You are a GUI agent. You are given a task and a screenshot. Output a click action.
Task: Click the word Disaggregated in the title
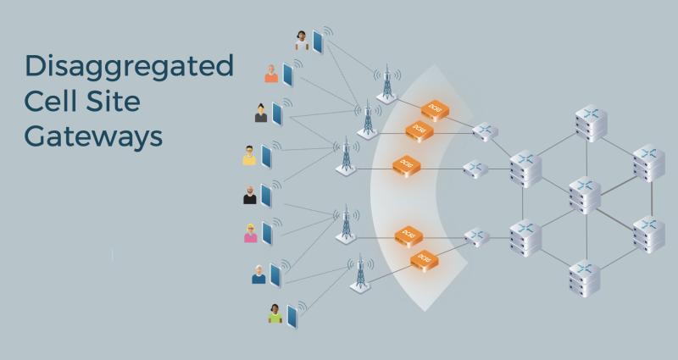click(129, 67)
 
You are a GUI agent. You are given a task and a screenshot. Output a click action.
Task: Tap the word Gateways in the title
click(93, 135)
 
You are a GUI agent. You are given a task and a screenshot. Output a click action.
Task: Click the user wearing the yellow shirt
click(249, 156)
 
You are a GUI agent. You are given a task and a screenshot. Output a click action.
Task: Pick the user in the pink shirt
click(250, 233)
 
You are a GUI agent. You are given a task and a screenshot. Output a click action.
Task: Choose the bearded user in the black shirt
click(249, 195)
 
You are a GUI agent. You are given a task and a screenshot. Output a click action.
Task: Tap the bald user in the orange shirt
click(271, 74)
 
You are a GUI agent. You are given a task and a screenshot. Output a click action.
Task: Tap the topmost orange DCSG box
click(436, 110)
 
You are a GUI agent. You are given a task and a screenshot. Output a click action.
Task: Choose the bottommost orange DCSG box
click(423, 258)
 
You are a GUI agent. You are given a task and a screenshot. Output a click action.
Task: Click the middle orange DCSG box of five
click(407, 165)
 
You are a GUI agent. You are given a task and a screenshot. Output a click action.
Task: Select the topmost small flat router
click(484, 131)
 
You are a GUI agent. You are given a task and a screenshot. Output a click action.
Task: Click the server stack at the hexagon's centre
click(586, 195)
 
